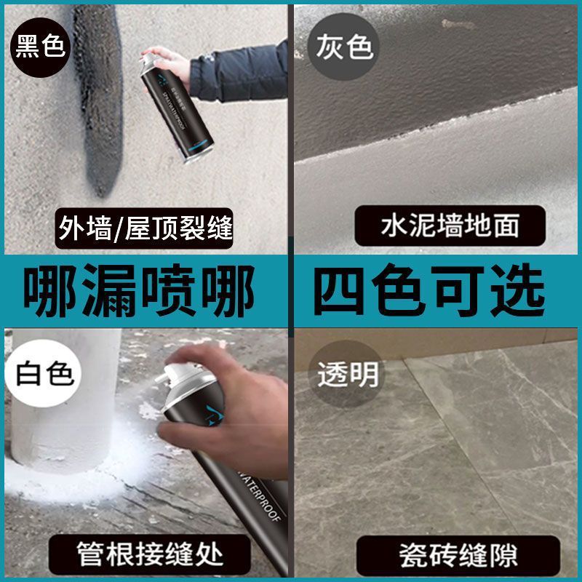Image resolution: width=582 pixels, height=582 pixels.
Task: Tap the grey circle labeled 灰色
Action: (x=344, y=45)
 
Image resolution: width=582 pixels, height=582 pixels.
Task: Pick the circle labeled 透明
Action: (x=347, y=375)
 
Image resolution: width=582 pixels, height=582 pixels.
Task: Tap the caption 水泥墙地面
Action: (x=450, y=226)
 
